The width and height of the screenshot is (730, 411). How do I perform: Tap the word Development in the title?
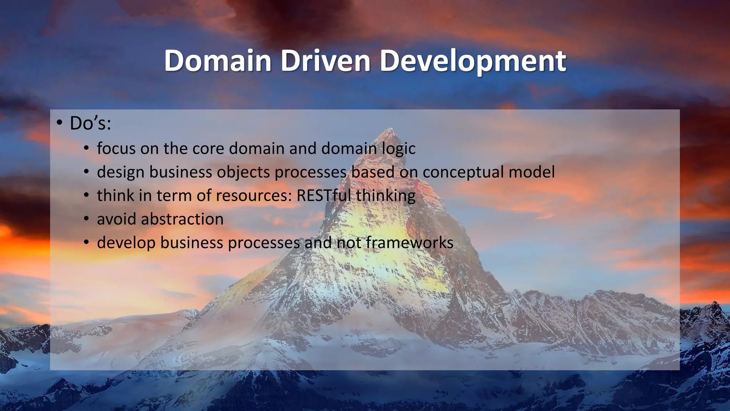tap(472, 61)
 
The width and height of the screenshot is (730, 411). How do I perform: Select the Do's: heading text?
tap(91, 123)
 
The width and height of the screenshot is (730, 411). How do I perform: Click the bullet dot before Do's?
tap(59, 123)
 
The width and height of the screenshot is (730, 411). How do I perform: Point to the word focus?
tap(116, 148)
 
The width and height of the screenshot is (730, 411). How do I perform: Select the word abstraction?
tap(182, 219)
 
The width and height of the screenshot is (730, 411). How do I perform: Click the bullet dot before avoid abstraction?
tap(86, 219)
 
